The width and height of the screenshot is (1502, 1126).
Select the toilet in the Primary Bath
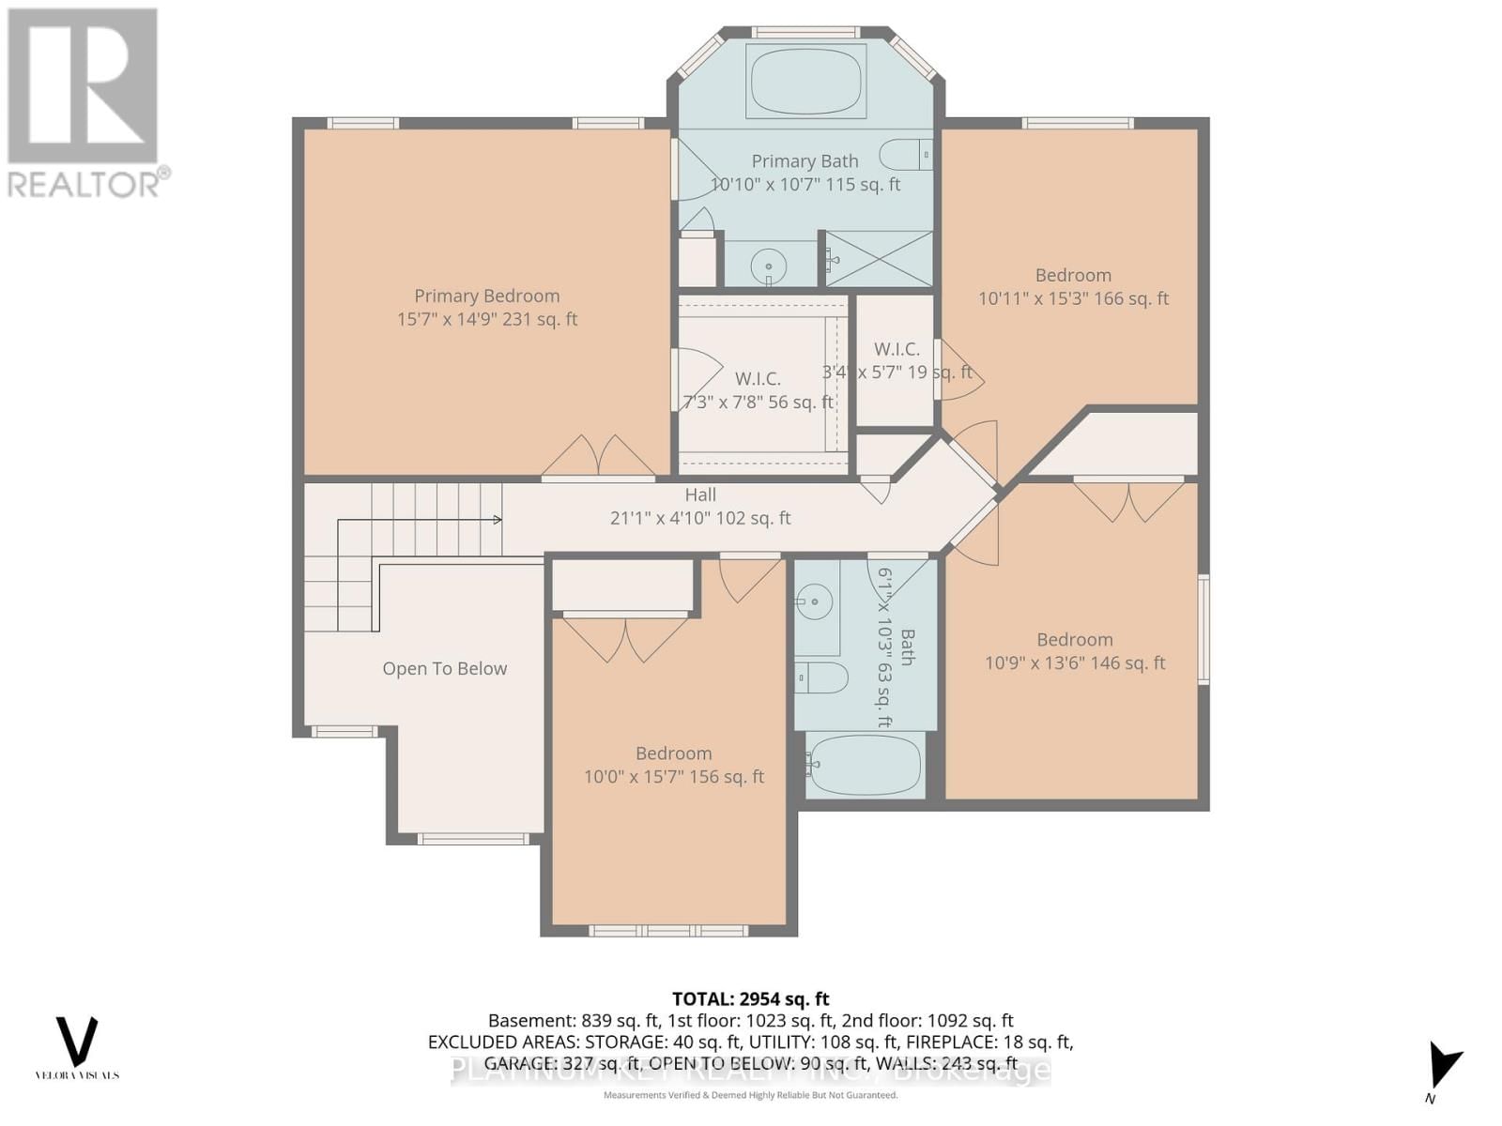pos(906,154)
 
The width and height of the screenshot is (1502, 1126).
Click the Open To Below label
pos(444,669)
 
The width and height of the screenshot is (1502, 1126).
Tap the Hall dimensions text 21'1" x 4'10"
pos(699,518)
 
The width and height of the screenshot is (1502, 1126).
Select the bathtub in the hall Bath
pos(865,765)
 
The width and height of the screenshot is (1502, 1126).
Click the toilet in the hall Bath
pos(821,677)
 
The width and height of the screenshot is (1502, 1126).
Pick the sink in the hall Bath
pos(815,601)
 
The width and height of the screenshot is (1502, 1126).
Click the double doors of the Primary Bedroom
pos(598,457)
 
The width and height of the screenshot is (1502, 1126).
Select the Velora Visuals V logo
pos(77,1042)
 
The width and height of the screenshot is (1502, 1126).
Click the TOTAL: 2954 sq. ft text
pos(750,999)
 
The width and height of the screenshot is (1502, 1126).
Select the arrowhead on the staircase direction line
pos(498,520)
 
